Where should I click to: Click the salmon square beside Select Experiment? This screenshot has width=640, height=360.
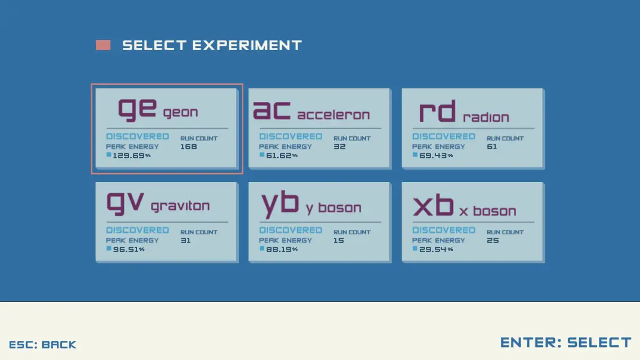pyautogui.click(x=103, y=45)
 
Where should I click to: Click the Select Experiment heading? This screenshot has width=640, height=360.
pyautogui.click(x=212, y=45)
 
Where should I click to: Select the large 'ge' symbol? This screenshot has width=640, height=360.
pyautogui.click(x=137, y=109)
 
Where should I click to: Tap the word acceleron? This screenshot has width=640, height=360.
pyautogui.click(x=334, y=115)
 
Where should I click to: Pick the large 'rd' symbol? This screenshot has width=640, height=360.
pyautogui.click(x=437, y=112)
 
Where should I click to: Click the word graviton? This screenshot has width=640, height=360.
pyautogui.click(x=180, y=206)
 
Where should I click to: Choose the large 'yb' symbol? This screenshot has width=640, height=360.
pyautogui.click(x=280, y=204)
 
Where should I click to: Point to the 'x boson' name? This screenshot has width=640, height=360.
pyautogui.click(x=487, y=211)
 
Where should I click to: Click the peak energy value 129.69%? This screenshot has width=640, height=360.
pyautogui.click(x=131, y=155)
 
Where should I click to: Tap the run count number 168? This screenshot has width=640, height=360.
pyautogui.click(x=189, y=146)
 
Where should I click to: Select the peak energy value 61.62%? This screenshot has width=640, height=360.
pyautogui.click(x=282, y=155)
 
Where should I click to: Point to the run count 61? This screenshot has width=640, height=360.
pyautogui.click(x=492, y=146)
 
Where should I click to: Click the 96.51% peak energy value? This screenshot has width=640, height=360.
pyautogui.click(x=128, y=249)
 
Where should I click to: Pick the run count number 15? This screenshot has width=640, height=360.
pyautogui.click(x=339, y=241)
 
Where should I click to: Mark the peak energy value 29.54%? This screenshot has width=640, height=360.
pyautogui.click(x=436, y=249)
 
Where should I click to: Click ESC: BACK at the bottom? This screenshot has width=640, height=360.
pyautogui.click(x=42, y=344)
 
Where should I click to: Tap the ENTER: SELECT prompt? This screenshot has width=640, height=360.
pyautogui.click(x=566, y=343)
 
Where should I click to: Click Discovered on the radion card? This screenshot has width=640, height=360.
pyautogui.click(x=444, y=136)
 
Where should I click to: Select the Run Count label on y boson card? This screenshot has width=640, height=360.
pyautogui.click(x=352, y=232)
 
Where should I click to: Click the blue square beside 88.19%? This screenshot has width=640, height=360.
pyautogui.click(x=262, y=248)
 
